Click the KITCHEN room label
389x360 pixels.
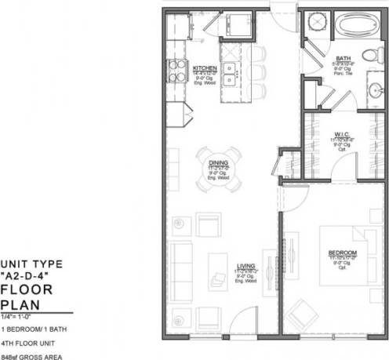point(205,68)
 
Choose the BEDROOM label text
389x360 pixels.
point(342,253)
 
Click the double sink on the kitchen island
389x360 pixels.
point(231,73)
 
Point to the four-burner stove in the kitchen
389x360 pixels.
point(175,71)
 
